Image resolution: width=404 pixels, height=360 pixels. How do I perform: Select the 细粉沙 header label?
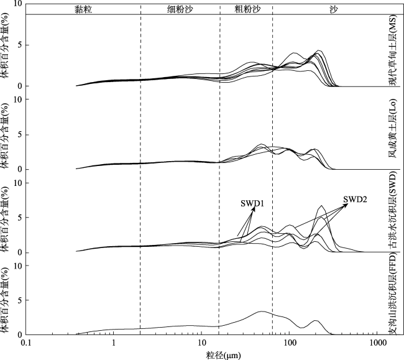point(180,9)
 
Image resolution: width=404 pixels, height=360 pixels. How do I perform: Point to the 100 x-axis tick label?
point(289,343)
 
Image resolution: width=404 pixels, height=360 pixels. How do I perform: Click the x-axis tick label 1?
point(114,343)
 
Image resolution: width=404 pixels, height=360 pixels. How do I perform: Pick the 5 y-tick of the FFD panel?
point(19,300)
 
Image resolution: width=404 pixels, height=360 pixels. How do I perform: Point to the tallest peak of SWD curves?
point(321,206)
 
